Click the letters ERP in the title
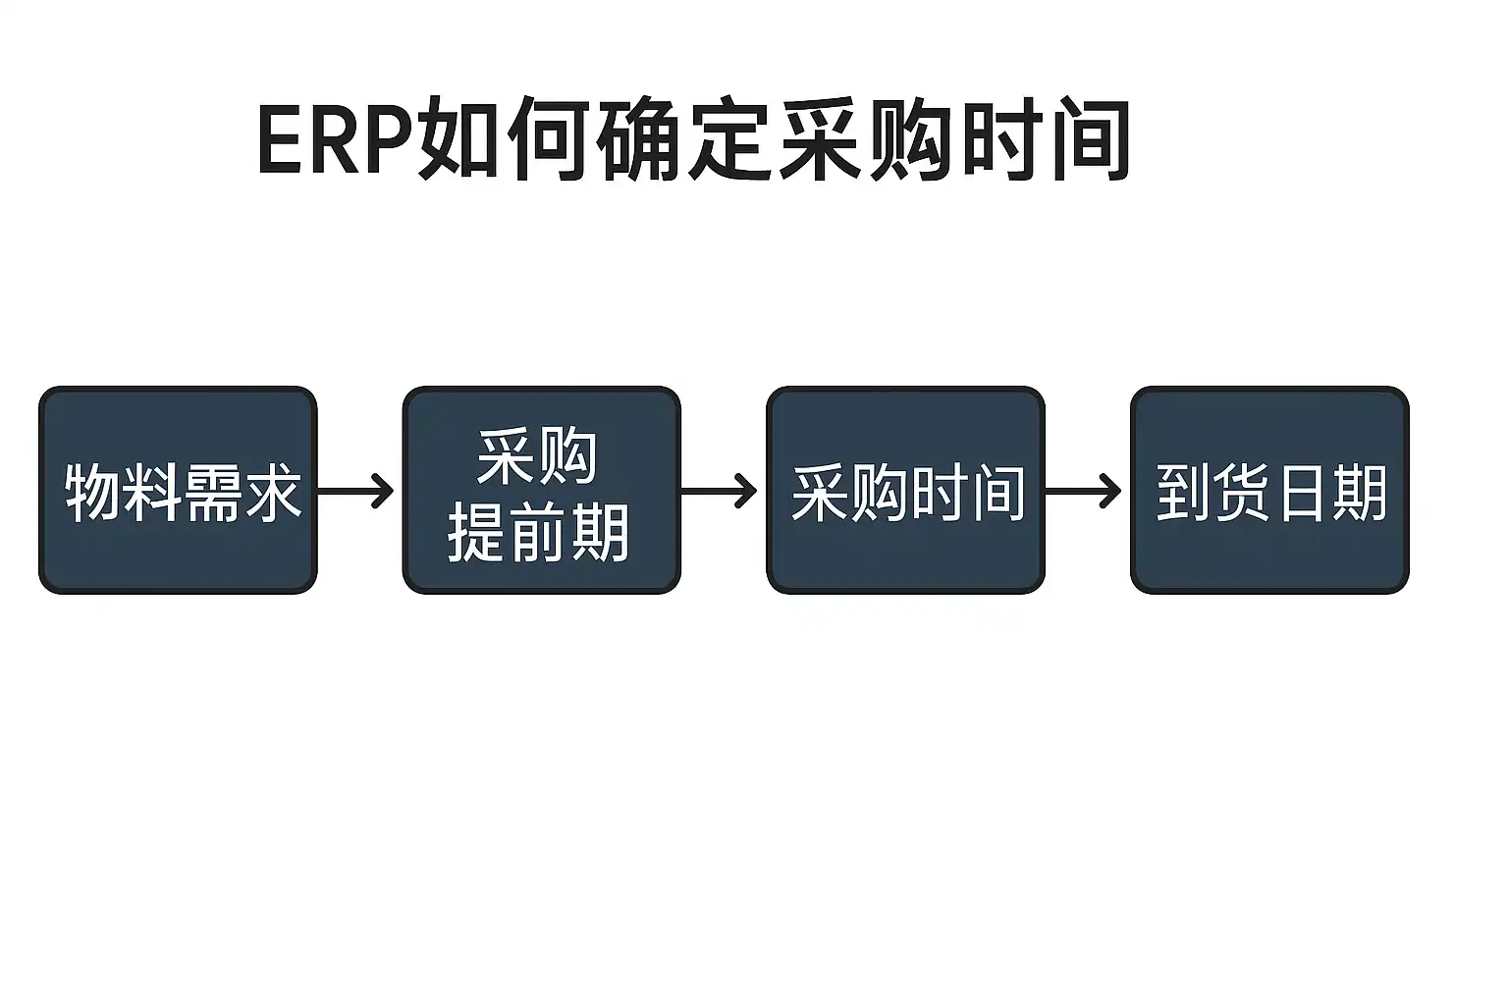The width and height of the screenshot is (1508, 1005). pyautogui.click(x=335, y=140)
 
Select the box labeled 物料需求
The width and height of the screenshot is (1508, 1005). pyautogui.click(x=178, y=490)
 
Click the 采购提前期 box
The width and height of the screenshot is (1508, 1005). pyautogui.click(x=541, y=490)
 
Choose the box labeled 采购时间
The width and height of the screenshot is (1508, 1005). pyautogui.click(x=905, y=490)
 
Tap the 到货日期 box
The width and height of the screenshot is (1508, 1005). pyautogui.click(x=1269, y=490)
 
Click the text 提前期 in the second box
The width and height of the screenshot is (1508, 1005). pyautogui.click(x=538, y=534)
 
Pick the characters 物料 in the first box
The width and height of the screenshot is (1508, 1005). pyautogui.click(x=123, y=493)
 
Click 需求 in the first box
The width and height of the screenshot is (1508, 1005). pyautogui.click(x=241, y=493)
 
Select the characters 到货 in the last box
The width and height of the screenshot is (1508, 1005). pyautogui.click(x=1212, y=493)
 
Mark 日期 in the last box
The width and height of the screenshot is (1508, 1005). pyautogui.click(x=1330, y=493)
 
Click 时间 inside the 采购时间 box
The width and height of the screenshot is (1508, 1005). pyautogui.click(x=968, y=493)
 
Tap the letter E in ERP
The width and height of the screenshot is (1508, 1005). pyautogui.click(x=278, y=140)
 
